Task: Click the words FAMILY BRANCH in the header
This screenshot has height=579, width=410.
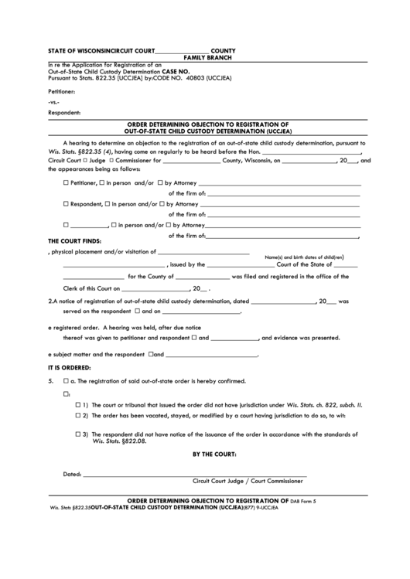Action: click(x=204, y=58)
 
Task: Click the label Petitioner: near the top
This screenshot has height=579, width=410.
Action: click(x=63, y=90)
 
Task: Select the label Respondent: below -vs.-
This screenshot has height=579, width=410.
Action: click(x=64, y=113)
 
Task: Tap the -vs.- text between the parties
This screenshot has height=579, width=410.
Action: click(x=53, y=102)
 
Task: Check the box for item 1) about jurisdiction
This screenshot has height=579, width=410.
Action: click(x=78, y=405)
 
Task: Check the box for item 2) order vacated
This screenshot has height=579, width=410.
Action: click(x=78, y=415)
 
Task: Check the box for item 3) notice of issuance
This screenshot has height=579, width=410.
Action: click(x=78, y=434)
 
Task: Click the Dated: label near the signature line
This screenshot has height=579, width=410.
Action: click(x=71, y=474)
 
